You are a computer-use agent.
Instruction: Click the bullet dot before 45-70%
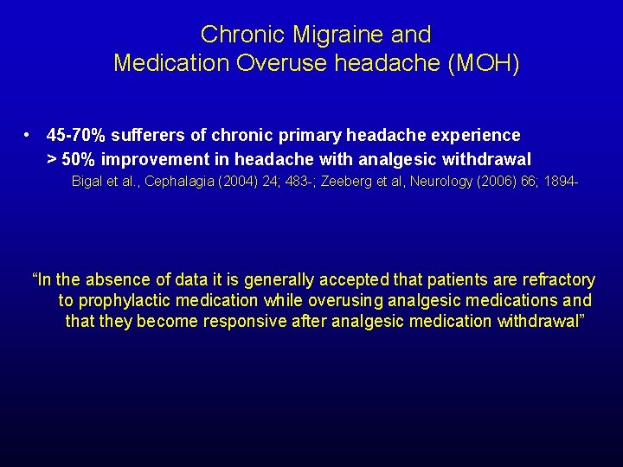point(29,136)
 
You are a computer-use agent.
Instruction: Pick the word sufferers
point(146,136)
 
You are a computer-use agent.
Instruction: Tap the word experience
point(476,136)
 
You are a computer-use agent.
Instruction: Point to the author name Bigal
point(88,182)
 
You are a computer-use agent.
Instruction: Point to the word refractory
point(555,280)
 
